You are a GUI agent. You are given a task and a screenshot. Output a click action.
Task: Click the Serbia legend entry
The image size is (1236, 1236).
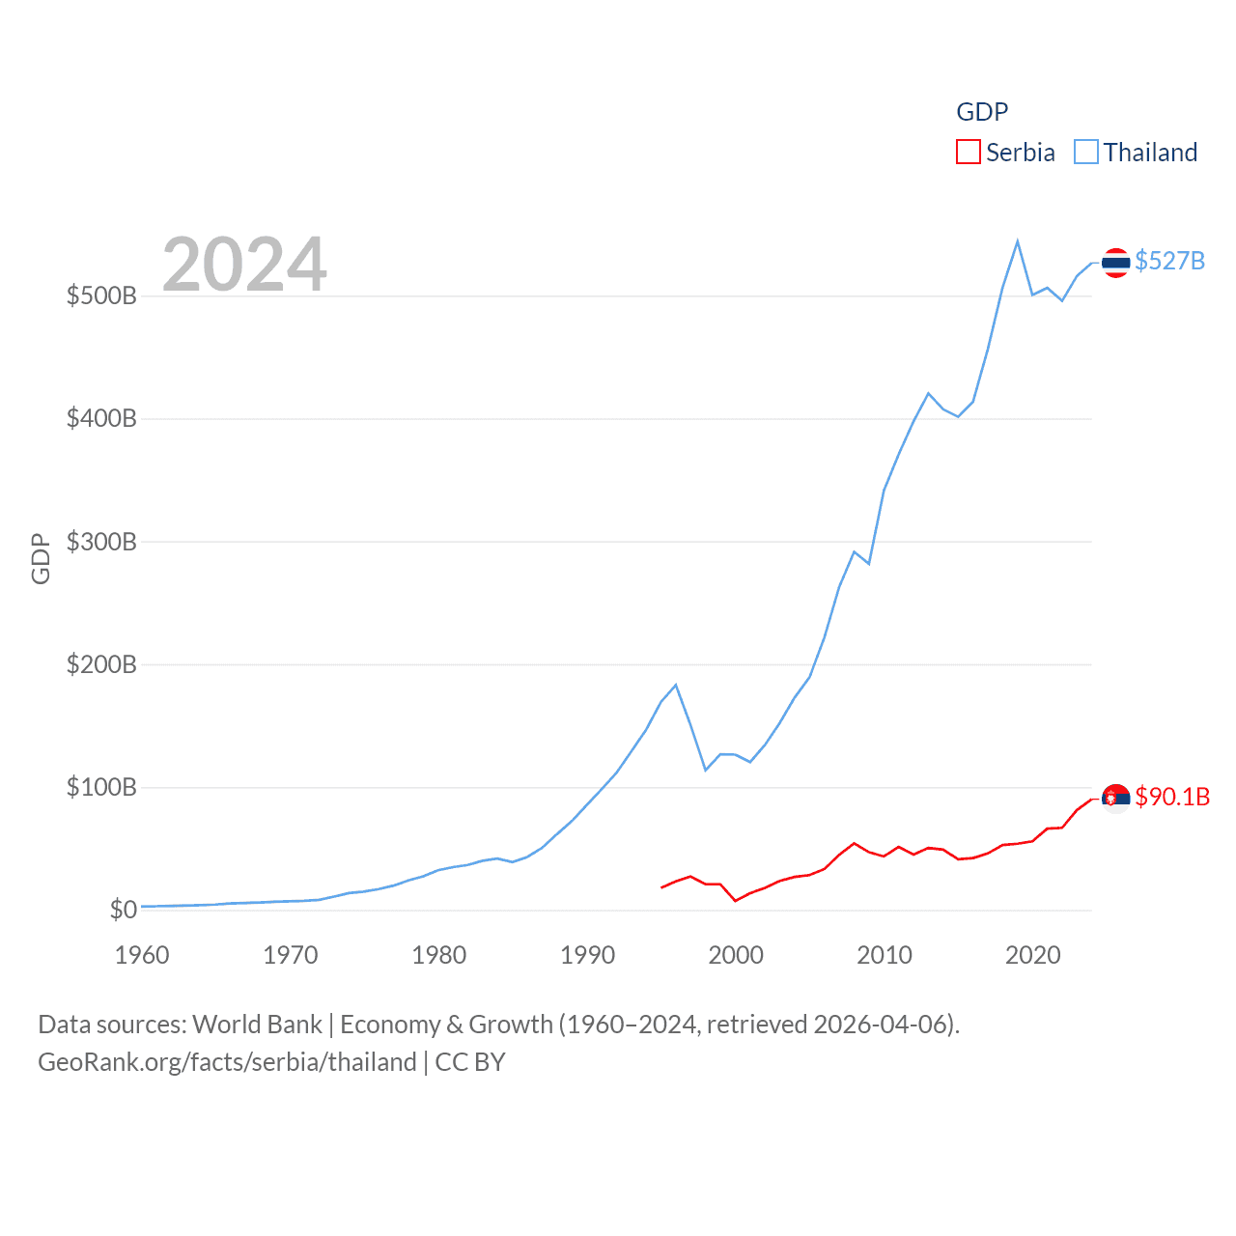coord(1005,153)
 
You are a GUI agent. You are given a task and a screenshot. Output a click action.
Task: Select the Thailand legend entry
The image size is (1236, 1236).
coord(1136,153)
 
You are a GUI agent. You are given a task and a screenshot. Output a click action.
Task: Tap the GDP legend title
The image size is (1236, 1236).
coord(982,112)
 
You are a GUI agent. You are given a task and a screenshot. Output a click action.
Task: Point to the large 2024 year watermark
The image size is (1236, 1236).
coord(244,265)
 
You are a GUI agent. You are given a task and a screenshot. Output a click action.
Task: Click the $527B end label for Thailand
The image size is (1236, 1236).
coord(1169,261)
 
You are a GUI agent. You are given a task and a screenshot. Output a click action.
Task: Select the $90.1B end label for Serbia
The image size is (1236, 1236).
coord(1172,797)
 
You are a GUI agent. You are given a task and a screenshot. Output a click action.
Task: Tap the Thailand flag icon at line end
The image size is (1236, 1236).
coord(1115,263)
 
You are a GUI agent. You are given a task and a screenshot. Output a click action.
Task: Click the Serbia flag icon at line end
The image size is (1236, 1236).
coord(1115,799)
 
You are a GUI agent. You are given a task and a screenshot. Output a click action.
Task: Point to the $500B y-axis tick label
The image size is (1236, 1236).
coord(101,295)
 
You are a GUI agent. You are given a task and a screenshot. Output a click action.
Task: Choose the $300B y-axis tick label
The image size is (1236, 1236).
coord(101,542)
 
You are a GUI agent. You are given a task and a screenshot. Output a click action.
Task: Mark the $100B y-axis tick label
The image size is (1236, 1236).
coord(101,787)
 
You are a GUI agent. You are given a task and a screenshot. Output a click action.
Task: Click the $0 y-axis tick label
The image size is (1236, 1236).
coord(123,910)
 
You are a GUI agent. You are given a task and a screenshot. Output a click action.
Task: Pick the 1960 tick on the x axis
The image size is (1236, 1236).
coord(142,955)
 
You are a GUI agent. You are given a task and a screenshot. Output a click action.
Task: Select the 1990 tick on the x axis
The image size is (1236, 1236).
coord(587,955)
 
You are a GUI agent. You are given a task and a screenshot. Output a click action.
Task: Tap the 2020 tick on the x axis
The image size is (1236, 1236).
coord(1032,955)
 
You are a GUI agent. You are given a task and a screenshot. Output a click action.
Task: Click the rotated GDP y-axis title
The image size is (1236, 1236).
coord(41,558)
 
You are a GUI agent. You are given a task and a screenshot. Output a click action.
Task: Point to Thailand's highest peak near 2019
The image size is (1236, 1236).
coord(1018,241)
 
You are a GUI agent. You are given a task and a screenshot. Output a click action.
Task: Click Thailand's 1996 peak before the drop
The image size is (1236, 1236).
coord(676,685)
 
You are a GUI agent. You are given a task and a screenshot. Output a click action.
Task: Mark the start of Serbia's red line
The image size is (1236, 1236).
coord(661,887)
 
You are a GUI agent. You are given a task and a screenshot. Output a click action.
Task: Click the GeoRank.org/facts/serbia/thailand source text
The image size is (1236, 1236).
coord(227,1062)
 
